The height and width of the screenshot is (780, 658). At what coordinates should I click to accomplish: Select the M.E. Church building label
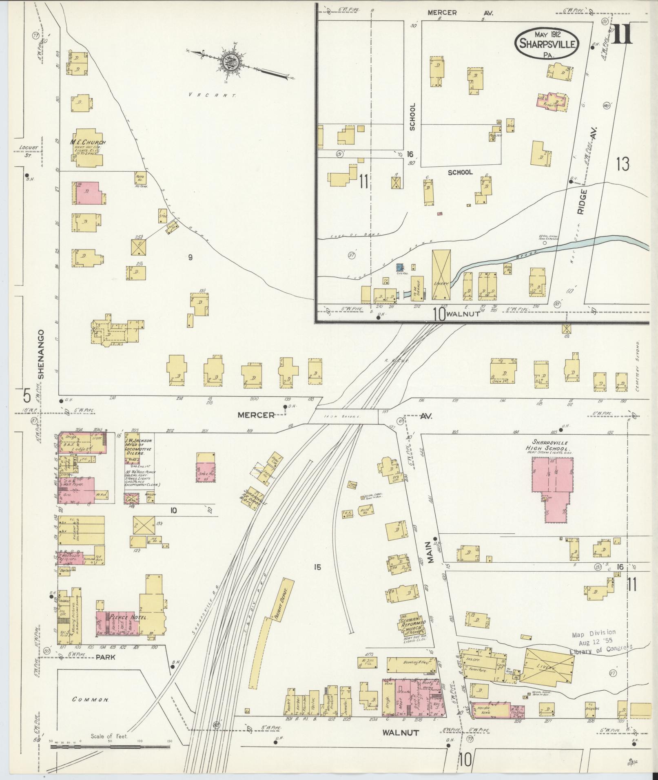pyautogui.click(x=88, y=143)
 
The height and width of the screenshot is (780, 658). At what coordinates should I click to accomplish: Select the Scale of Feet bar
pyautogui.click(x=110, y=747)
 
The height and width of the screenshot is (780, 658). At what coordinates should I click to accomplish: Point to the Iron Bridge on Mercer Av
pyautogui.click(x=348, y=417)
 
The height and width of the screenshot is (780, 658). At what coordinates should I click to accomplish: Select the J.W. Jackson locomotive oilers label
pyautogui.click(x=139, y=446)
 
